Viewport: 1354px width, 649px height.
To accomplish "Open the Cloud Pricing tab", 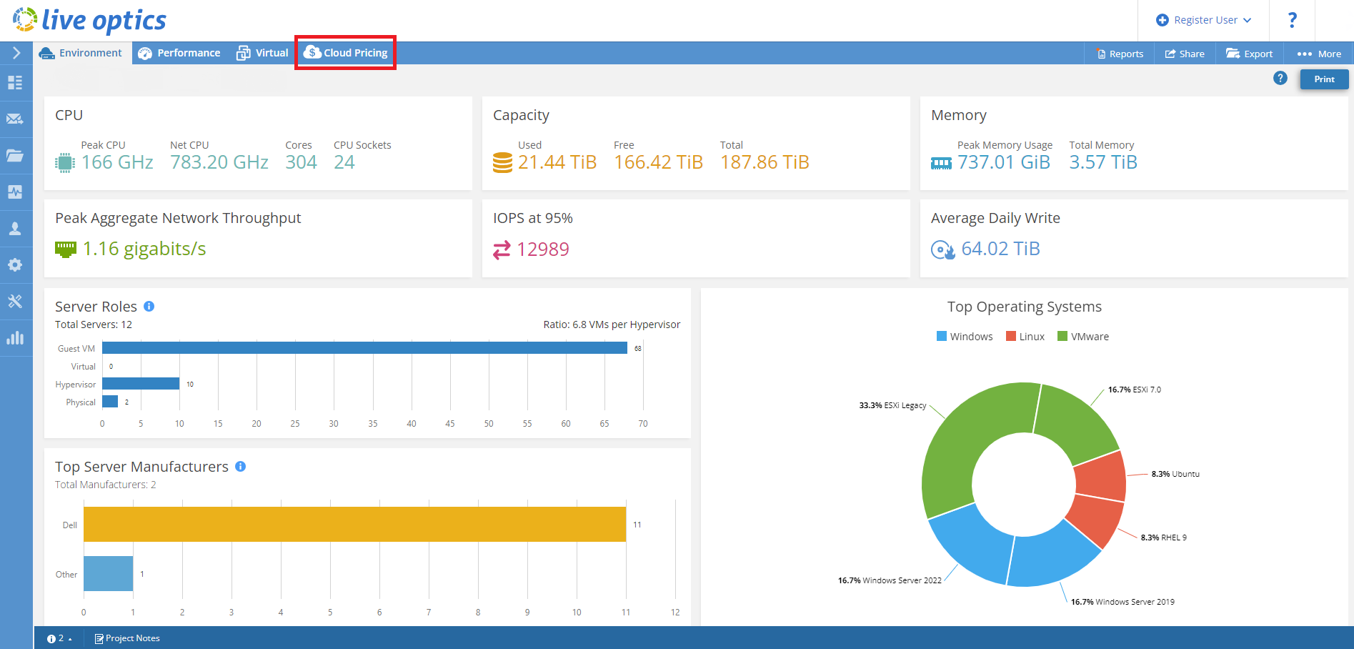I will click(x=346, y=53).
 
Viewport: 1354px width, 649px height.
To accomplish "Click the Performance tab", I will click(x=179, y=53).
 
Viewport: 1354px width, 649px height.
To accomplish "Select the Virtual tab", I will click(x=263, y=53).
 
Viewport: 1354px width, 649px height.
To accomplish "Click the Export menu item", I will click(x=1250, y=54).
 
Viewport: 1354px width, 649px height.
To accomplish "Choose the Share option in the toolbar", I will click(x=1185, y=54).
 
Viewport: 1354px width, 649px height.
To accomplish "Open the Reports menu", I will click(x=1120, y=54).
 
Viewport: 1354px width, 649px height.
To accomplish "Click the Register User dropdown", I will click(x=1204, y=20).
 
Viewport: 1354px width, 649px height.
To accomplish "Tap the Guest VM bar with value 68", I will click(x=364, y=348).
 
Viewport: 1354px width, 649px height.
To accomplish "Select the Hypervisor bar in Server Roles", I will click(x=141, y=384).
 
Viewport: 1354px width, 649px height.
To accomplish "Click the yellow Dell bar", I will click(x=354, y=524).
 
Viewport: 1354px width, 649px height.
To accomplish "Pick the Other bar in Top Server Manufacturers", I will click(x=108, y=573).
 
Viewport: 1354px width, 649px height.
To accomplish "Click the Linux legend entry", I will click(x=1025, y=337).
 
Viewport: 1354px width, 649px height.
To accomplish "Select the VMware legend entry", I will click(x=1083, y=337).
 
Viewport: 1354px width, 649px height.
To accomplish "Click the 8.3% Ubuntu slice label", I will click(x=1175, y=474).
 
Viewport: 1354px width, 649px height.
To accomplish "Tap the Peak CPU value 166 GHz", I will click(x=117, y=163).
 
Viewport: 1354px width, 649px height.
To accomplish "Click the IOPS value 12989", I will click(x=542, y=249).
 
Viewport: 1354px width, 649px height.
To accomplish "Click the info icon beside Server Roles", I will click(x=149, y=307).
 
